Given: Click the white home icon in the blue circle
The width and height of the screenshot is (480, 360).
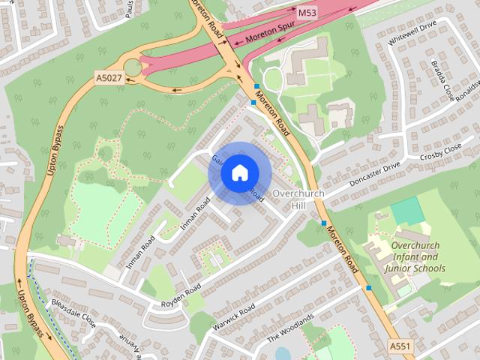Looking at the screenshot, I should click(x=238, y=173).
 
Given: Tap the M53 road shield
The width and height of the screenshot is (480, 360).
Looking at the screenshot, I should click(x=307, y=13).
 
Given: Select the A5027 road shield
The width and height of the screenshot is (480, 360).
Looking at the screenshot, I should click(x=108, y=78).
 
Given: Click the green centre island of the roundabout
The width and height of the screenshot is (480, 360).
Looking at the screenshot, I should click(x=133, y=67).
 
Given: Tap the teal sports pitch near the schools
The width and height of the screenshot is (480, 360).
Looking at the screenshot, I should click(x=406, y=211).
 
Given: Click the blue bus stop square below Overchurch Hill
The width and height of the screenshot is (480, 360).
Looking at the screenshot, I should click(x=324, y=223).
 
